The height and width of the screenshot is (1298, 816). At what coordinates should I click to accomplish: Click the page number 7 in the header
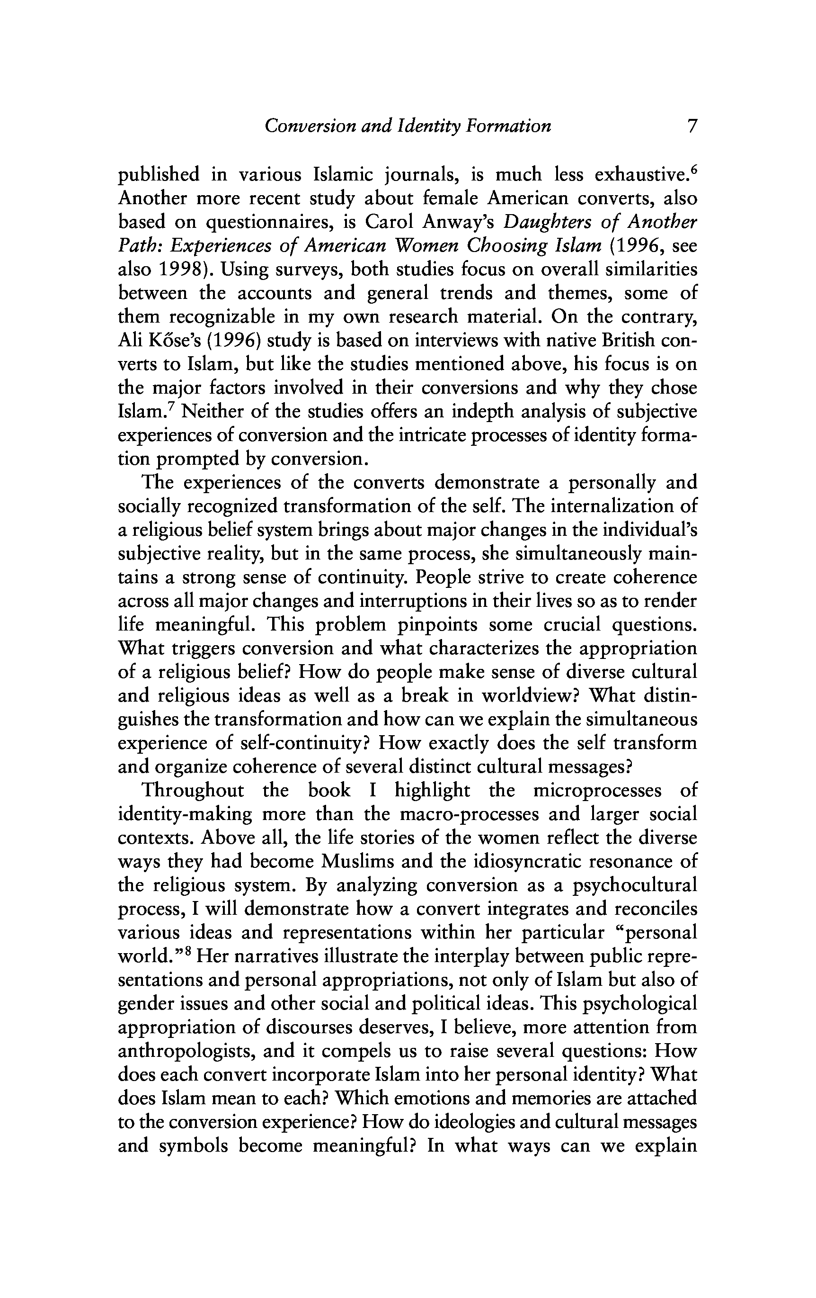pyautogui.click(x=692, y=126)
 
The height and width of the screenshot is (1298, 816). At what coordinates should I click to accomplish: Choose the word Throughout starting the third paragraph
pyautogui.click(x=193, y=791)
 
